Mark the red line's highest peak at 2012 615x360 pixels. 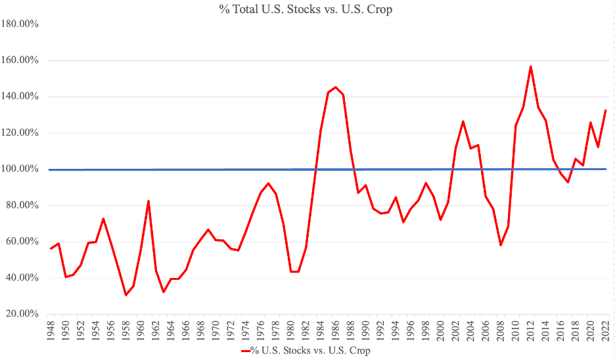pyautogui.click(x=530, y=66)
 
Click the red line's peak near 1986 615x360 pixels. pyautogui.click(x=336, y=87)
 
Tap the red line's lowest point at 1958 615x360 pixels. pyautogui.click(x=125, y=295)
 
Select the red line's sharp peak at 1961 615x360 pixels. pyautogui.click(x=148, y=201)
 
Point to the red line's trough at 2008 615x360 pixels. pyautogui.click(x=500, y=245)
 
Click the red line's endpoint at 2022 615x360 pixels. pyautogui.click(x=605, y=110)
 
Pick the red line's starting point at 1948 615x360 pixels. pyautogui.click(x=51, y=248)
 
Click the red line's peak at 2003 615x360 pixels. pyautogui.click(x=463, y=122)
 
